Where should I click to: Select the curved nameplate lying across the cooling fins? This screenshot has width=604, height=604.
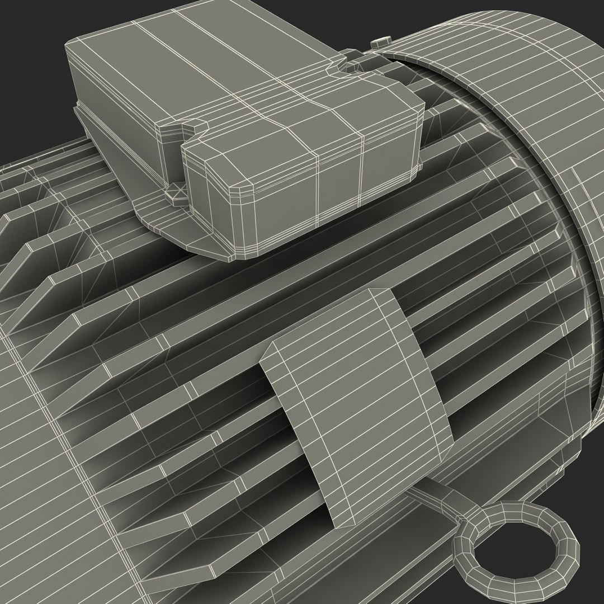(x=358, y=403)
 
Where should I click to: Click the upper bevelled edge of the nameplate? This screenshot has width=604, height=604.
(x=324, y=299)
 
